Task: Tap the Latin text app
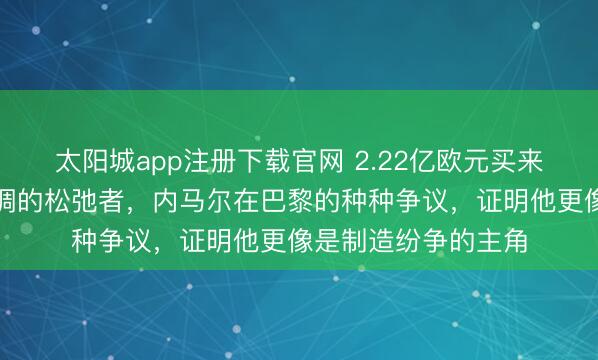(x=152, y=160)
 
